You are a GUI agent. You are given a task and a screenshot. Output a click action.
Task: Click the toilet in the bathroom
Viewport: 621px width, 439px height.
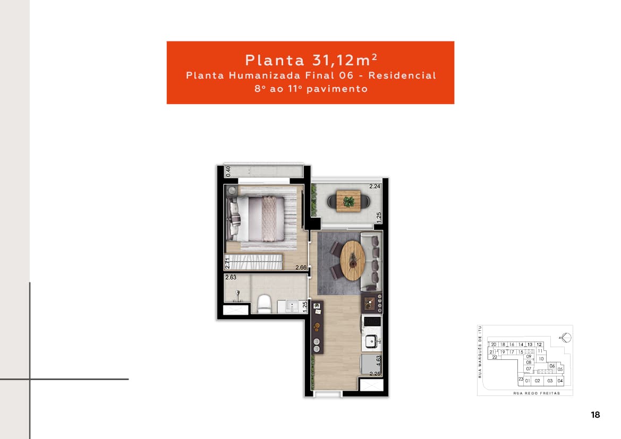coord(264,305)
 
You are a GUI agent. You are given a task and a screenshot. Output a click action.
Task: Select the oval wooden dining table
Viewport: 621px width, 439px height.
coord(352,260)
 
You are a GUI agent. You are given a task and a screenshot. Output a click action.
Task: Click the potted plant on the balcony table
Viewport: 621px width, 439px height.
coord(349,201)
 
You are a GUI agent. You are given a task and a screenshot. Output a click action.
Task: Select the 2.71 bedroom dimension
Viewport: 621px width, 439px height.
coord(227,263)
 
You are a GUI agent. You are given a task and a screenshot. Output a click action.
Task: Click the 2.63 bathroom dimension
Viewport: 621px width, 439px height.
coord(231,277)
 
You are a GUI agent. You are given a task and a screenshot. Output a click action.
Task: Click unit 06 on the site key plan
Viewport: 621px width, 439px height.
coord(552,366)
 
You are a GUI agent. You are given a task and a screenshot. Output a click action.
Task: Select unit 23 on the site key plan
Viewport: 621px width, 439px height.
coord(521,379)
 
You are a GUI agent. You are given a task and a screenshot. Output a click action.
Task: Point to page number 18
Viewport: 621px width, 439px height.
coord(595,415)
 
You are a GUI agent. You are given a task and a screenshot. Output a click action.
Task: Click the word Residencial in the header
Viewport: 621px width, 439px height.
coord(402,75)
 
